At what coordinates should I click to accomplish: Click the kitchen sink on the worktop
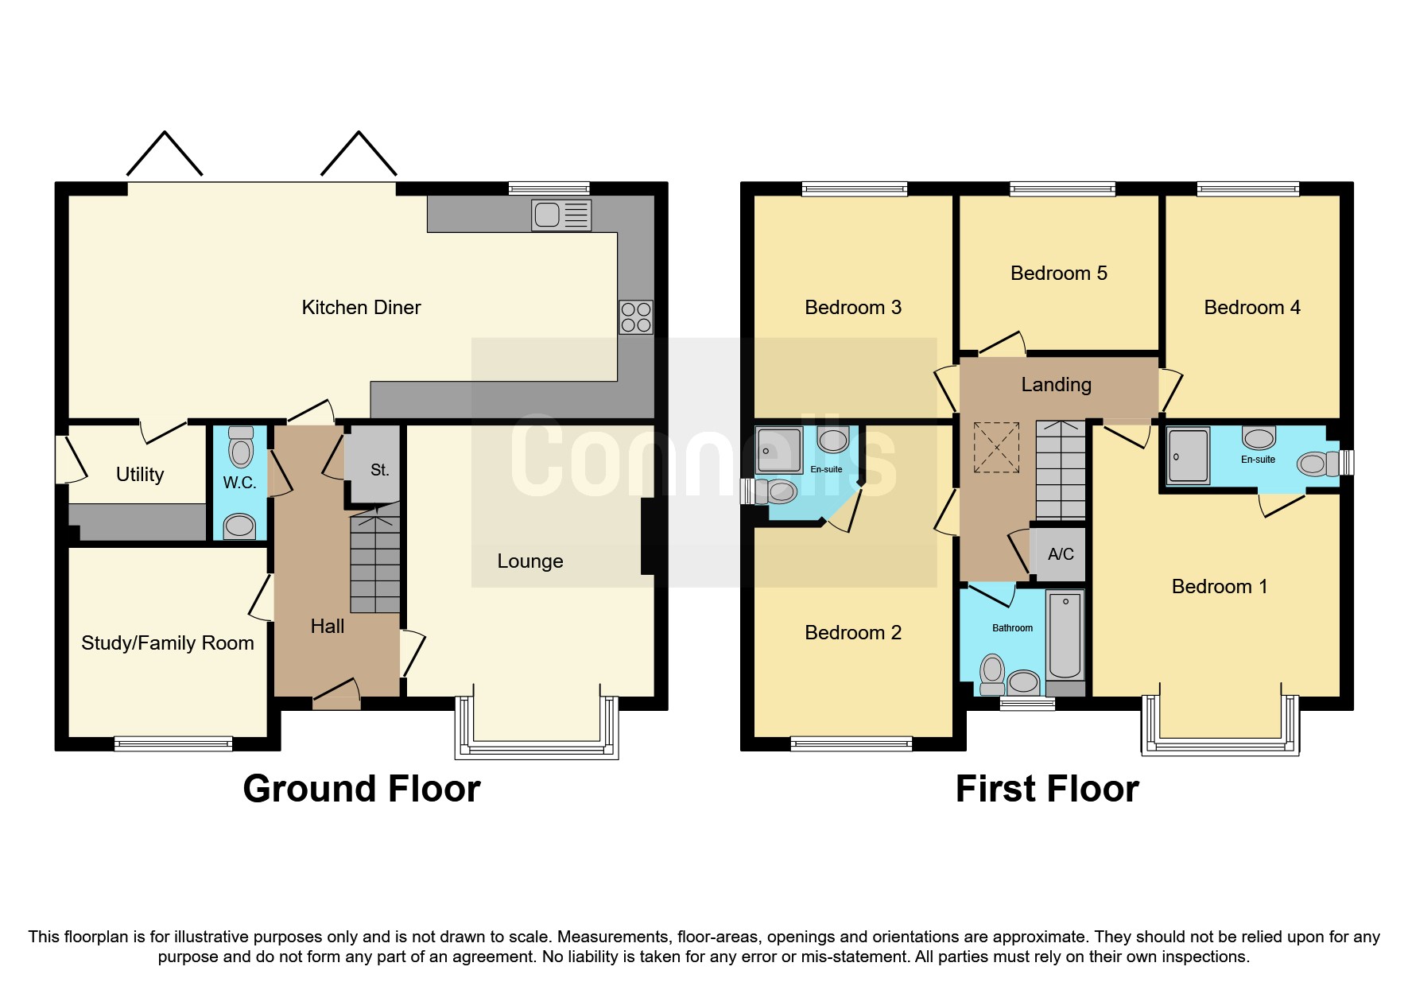561,215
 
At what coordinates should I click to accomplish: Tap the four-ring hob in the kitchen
636,317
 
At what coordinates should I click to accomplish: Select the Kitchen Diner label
361,308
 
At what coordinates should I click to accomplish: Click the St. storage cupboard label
379,470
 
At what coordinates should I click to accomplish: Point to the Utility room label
140,475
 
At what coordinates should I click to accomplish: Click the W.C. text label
239,483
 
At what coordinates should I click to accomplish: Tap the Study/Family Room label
168,643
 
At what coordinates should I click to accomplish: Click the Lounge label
530,561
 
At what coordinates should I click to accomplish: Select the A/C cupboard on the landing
1061,554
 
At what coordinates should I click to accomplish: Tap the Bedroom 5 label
1058,274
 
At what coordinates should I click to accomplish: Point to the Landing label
1056,385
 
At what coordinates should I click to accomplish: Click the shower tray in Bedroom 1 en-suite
1189,456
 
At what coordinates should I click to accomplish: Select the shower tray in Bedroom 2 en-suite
778,451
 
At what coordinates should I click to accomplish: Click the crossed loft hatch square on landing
996,447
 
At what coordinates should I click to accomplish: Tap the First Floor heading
1047,789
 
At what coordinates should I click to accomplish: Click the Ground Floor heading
362,789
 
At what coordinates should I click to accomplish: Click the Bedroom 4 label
1251,308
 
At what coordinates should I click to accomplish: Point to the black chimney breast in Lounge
648,536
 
